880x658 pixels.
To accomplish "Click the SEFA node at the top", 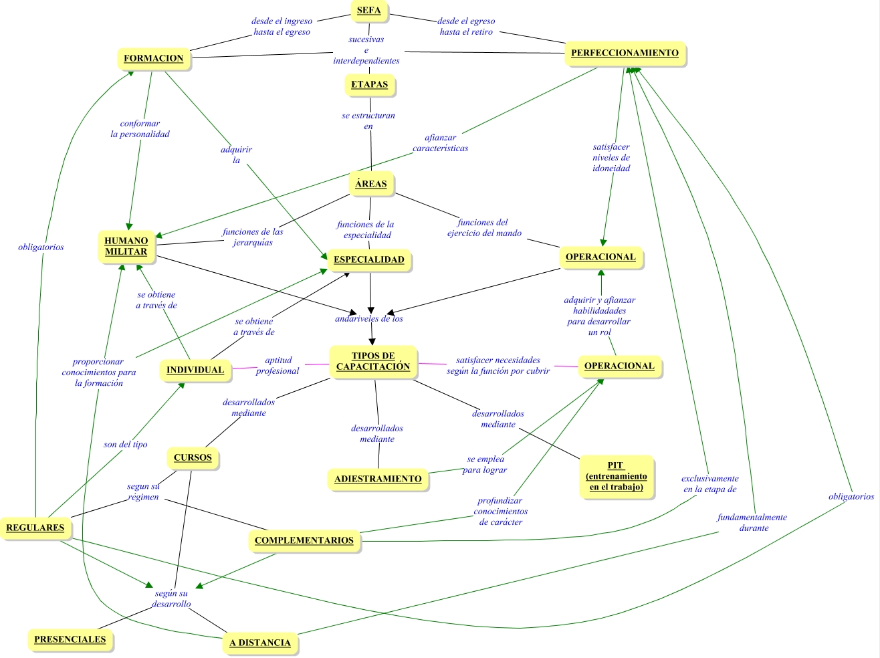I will (x=368, y=10).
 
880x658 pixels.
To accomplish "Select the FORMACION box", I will (x=153, y=58).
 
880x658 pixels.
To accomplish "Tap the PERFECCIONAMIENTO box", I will (x=625, y=53).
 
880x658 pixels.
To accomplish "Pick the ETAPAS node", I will (x=369, y=84).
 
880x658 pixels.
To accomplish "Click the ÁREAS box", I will (x=371, y=183).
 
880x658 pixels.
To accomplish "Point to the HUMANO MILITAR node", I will (x=126, y=246).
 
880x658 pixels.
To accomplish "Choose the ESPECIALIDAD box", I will (x=369, y=259).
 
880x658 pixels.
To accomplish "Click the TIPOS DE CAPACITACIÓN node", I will (x=373, y=361).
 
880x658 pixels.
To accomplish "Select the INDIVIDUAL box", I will (x=195, y=370).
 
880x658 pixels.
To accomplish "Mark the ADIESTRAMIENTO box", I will (x=378, y=479).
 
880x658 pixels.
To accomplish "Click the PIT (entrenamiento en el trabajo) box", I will (x=616, y=476).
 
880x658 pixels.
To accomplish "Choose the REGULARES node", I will (x=35, y=528).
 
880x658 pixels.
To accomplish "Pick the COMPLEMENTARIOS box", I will (x=304, y=540).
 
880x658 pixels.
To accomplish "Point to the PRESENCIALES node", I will (x=70, y=639).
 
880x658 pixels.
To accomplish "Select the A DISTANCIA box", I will (x=260, y=643).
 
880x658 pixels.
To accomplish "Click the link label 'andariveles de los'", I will (x=369, y=319).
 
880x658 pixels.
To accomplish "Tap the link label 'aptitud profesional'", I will (x=278, y=365).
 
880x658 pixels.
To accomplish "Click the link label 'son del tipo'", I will (x=126, y=444).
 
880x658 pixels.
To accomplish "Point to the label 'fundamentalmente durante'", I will (x=752, y=522).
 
